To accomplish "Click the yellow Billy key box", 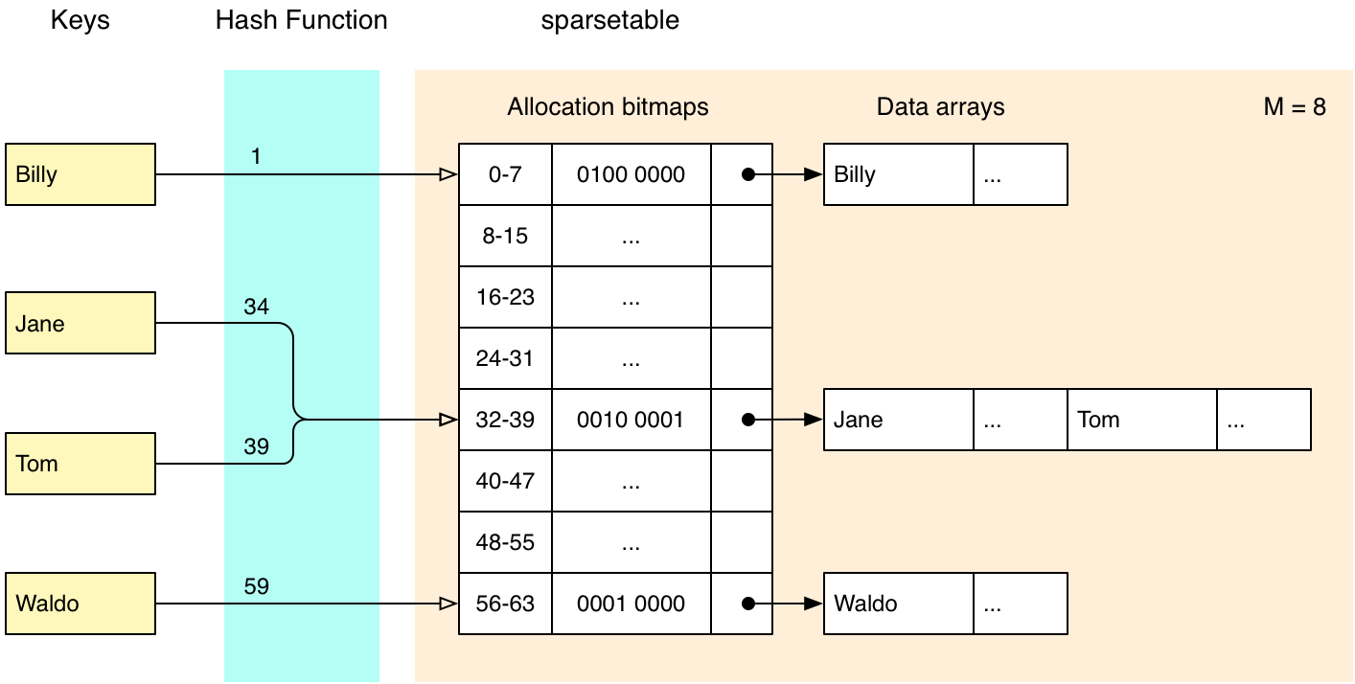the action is pyautogui.click(x=80, y=174).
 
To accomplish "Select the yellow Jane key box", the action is pyautogui.click(x=80, y=323).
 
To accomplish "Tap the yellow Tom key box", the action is pyautogui.click(x=80, y=464).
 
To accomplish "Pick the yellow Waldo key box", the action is pyautogui.click(x=80, y=604).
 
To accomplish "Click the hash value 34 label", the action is pyautogui.click(x=257, y=307).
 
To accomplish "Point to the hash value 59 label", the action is pyautogui.click(x=257, y=586).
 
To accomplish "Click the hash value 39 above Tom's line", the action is pyautogui.click(x=257, y=446).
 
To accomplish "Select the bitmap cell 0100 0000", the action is pyautogui.click(x=632, y=174).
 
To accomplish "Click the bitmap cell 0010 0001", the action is pyautogui.click(x=632, y=419).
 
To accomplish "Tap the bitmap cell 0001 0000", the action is pyautogui.click(x=632, y=604).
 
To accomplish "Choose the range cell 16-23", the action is pyautogui.click(x=505, y=297).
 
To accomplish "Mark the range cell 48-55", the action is pyautogui.click(x=505, y=542).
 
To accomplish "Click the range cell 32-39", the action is pyautogui.click(x=505, y=419).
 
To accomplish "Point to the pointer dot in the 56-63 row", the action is pyautogui.click(x=748, y=604).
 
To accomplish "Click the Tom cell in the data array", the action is pyautogui.click(x=1142, y=419).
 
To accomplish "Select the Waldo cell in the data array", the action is pyautogui.click(x=899, y=604).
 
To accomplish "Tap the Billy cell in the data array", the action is pyautogui.click(x=899, y=174).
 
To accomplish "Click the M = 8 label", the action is pyautogui.click(x=1295, y=107).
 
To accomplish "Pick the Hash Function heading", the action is pyautogui.click(x=301, y=20).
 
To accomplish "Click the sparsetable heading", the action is pyautogui.click(x=609, y=20).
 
